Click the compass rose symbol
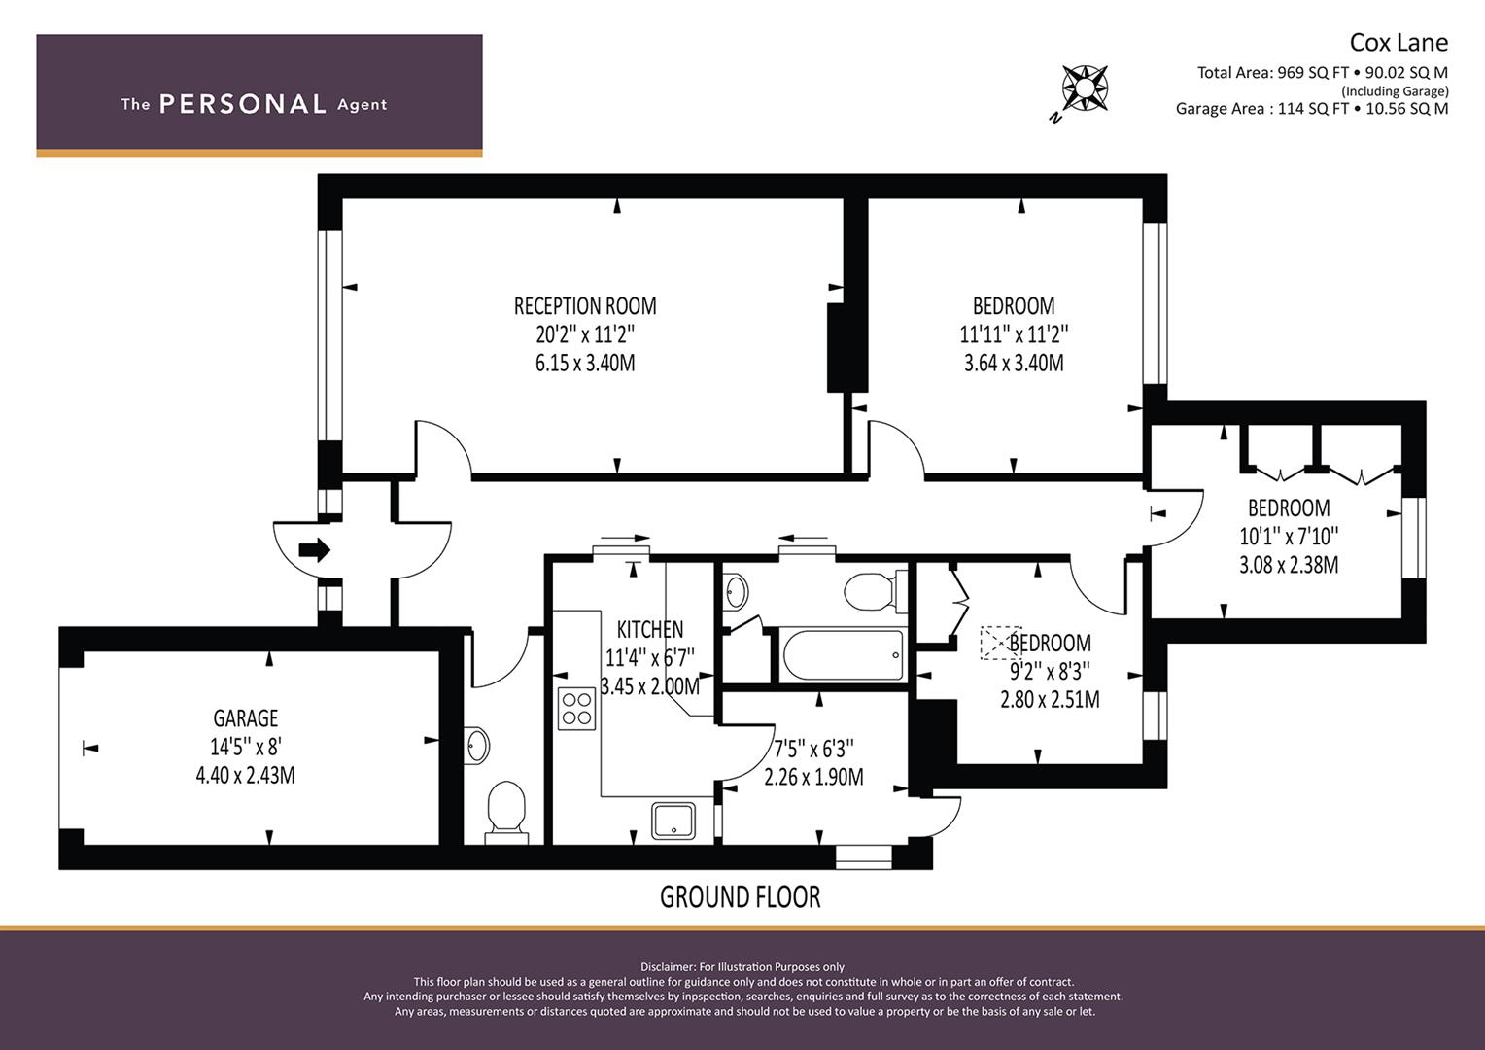click(1085, 88)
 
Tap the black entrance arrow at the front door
click(314, 550)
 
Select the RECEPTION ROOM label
click(585, 306)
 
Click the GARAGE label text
click(245, 718)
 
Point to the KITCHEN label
click(649, 629)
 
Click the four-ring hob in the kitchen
click(576, 709)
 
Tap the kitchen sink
click(673, 822)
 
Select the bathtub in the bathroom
click(844, 655)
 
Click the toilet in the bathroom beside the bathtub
click(875, 591)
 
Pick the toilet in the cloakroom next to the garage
click(506, 813)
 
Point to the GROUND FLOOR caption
click(740, 896)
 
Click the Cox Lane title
click(1399, 43)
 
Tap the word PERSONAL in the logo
click(243, 104)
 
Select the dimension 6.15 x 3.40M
click(585, 364)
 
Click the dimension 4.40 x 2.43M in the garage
click(245, 776)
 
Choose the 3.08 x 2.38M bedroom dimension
click(1289, 565)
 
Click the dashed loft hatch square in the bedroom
click(1000, 643)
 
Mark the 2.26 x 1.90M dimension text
click(813, 777)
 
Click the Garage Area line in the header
click(1312, 109)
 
